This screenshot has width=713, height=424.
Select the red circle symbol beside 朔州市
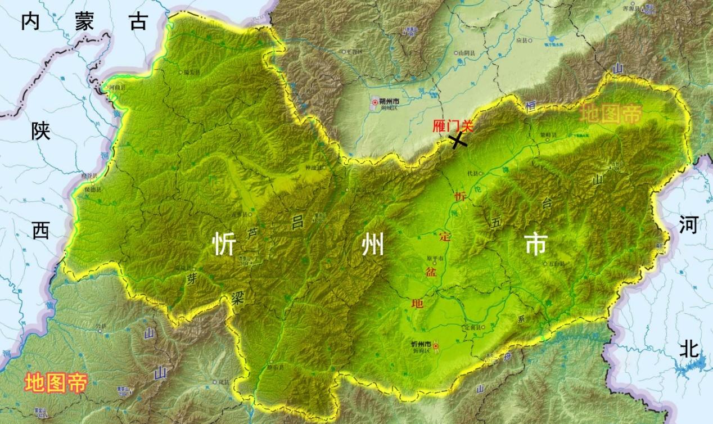[375, 102]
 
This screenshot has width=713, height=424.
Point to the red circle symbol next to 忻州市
[435, 346]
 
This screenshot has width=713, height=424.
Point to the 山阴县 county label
[466, 53]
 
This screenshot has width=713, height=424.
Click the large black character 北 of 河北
[689, 349]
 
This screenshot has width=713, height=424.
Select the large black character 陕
[40, 132]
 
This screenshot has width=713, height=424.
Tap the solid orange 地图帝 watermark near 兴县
[56, 384]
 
